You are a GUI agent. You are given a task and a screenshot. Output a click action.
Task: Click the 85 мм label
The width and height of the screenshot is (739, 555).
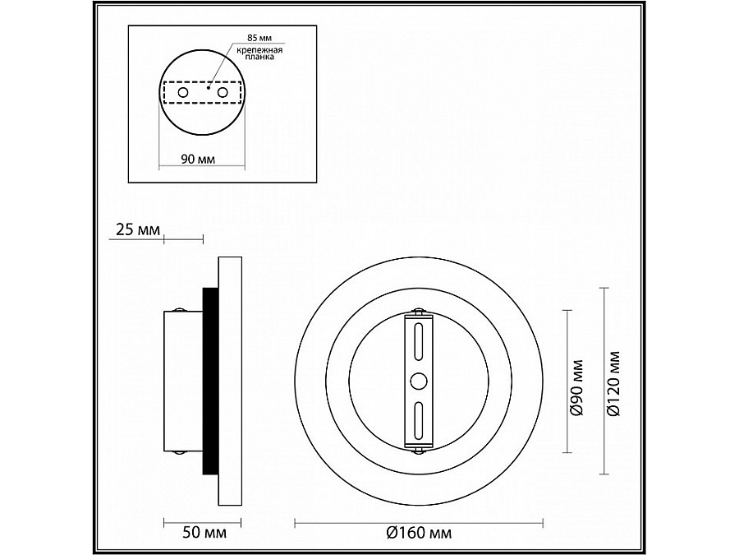tap(259, 38)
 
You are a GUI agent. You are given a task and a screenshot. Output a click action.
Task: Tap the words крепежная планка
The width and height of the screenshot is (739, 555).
tap(259, 53)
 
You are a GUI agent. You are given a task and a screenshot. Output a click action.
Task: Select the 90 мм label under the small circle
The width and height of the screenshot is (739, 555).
tap(198, 159)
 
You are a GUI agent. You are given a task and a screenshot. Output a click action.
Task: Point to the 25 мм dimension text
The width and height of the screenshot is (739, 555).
tap(138, 229)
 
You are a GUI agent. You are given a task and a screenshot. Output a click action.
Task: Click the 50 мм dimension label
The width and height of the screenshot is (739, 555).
tap(204, 533)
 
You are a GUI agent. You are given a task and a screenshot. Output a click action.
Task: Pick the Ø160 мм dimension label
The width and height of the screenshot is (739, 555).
tap(419, 533)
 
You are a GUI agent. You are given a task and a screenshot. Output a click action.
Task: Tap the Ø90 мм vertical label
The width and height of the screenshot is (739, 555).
tap(576, 387)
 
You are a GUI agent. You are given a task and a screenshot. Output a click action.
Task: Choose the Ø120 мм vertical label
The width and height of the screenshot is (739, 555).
tap(613, 383)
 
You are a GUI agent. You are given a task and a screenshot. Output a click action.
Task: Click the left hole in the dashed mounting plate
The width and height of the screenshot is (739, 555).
tap(183, 92)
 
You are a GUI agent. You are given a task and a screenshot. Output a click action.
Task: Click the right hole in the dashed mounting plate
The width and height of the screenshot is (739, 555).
tap(223, 92)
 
